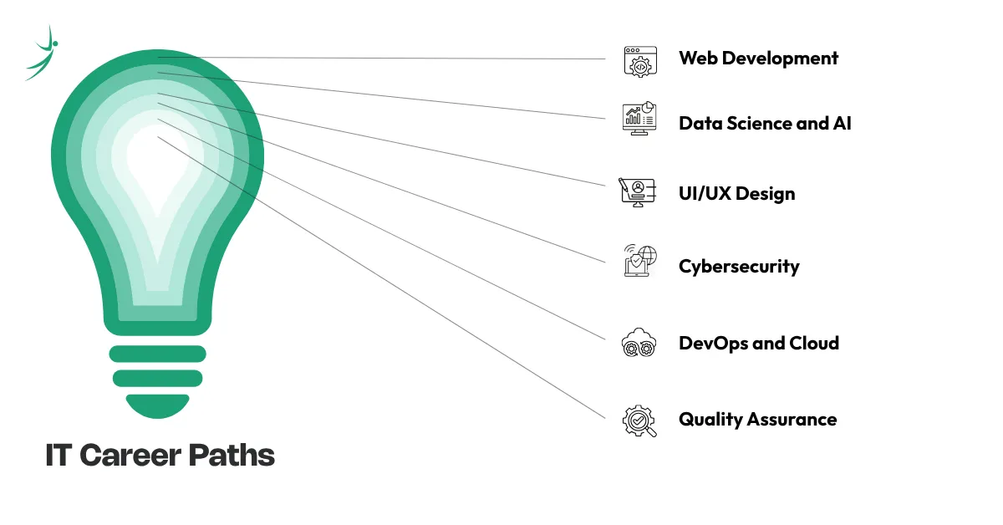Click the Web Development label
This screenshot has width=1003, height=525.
click(x=758, y=59)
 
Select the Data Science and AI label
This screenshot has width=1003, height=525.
click(x=765, y=124)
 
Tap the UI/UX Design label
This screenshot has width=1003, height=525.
click(x=736, y=194)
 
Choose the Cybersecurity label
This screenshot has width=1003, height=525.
click(x=739, y=267)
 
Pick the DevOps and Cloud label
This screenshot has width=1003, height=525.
click(x=758, y=344)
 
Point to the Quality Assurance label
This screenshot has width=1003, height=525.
click(x=757, y=420)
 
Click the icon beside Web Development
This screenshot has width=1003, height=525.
click(x=640, y=61)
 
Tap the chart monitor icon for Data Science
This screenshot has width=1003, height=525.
click(x=639, y=119)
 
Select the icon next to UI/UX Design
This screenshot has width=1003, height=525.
click(x=638, y=191)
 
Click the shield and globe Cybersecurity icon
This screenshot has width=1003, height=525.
click(x=640, y=261)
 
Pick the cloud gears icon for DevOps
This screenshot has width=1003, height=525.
click(x=639, y=344)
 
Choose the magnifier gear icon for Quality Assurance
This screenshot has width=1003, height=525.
click(x=639, y=420)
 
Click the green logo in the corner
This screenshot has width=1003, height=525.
click(x=42, y=54)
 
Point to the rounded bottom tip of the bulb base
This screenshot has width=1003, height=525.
click(x=157, y=407)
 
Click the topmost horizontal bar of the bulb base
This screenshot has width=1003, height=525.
click(x=157, y=354)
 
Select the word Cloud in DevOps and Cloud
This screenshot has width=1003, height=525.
click(x=812, y=344)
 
